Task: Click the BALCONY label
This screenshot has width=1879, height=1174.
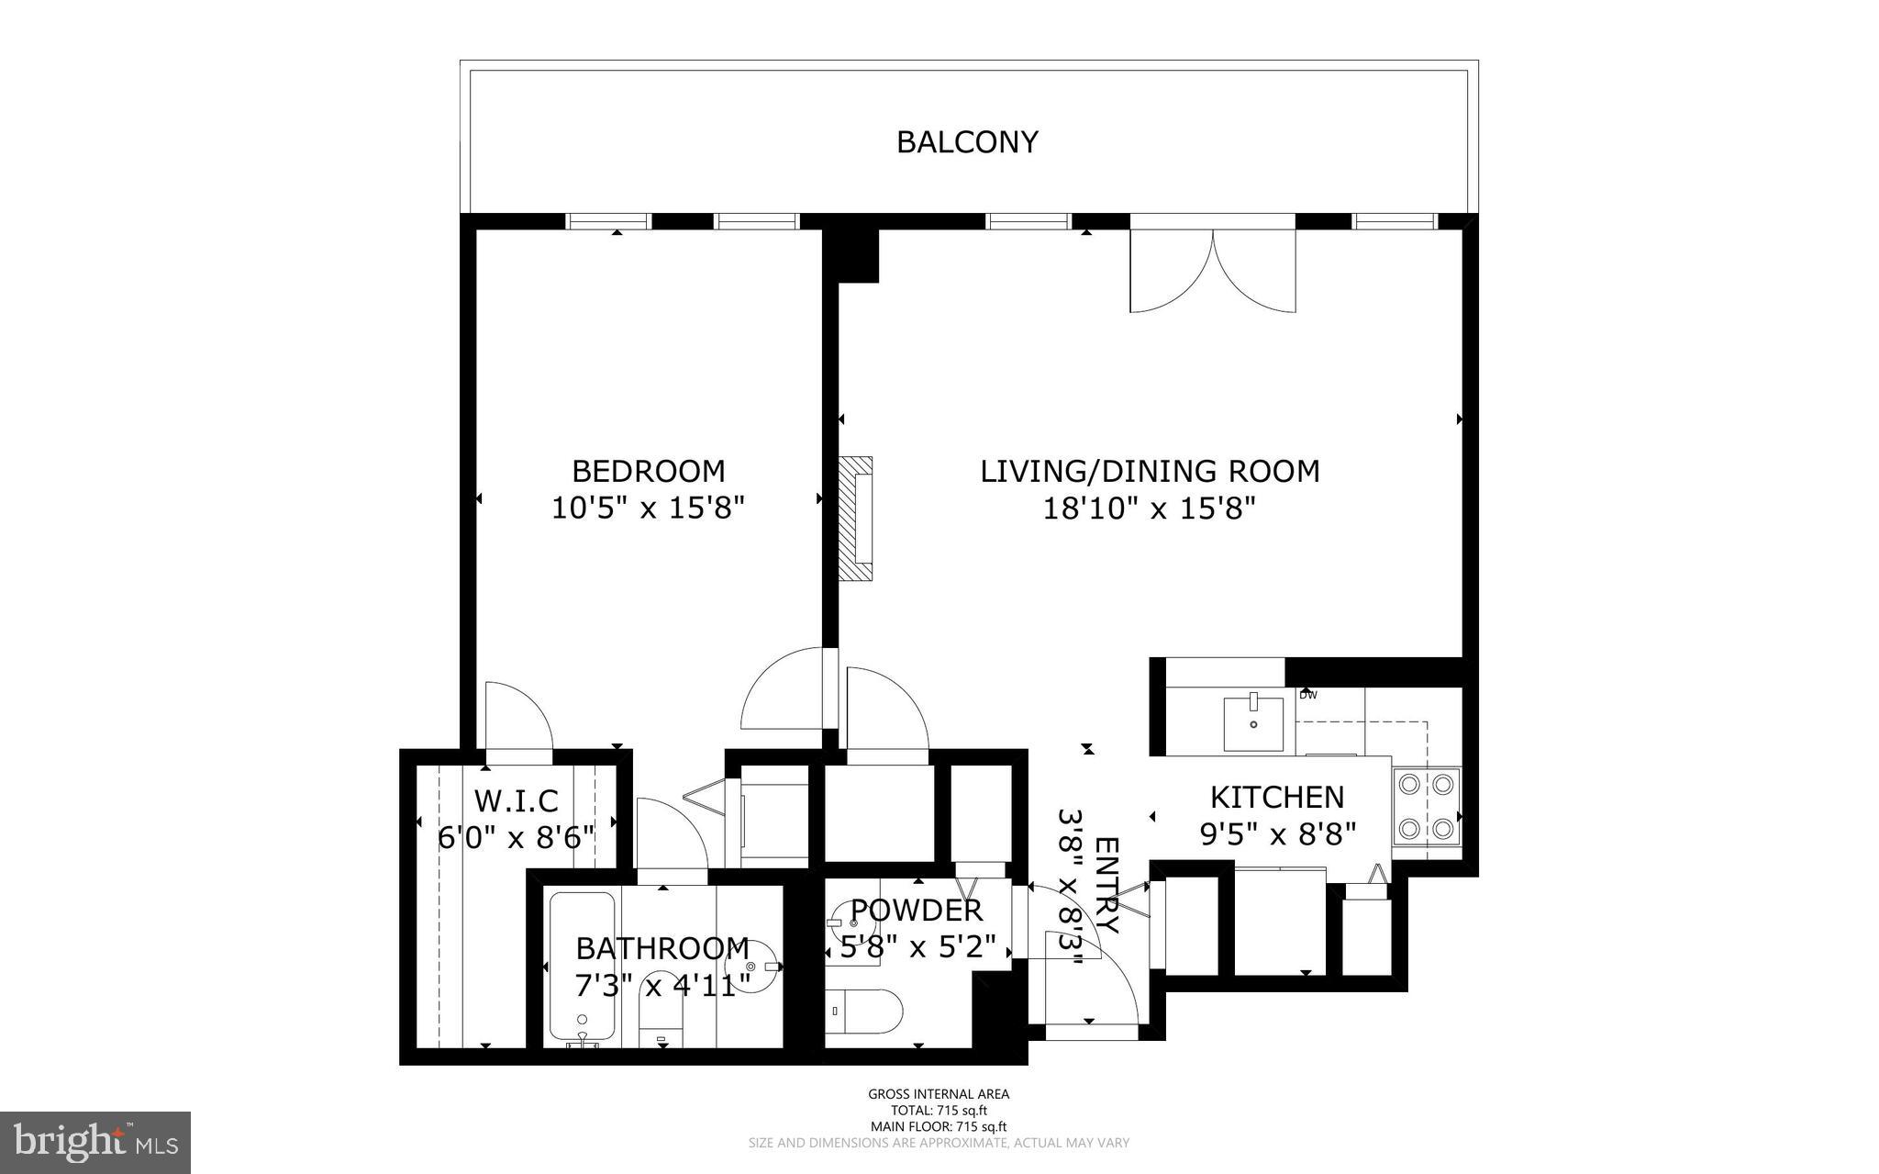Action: (x=967, y=142)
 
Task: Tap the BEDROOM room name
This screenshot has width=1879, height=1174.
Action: (x=648, y=471)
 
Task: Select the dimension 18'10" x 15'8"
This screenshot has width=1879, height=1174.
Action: (x=1149, y=508)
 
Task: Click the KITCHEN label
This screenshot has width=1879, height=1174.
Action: (x=1276, y=797)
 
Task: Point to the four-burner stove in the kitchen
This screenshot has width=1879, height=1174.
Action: (x=1426, y=807)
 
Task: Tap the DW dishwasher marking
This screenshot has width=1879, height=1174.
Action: (x=1307, y=695)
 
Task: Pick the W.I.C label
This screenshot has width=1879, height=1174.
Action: (x=516, y=800)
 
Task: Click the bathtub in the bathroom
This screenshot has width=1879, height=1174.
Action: (x=582, y=968)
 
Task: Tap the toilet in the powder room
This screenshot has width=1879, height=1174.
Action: (x=862, y=1011)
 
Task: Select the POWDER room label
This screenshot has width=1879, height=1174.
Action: (x=917, y=911)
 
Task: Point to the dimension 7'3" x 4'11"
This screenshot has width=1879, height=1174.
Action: (x=662, y=984)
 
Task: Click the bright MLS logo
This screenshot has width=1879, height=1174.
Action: (x=95, y=1141)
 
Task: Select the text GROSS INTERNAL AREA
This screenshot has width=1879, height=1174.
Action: (x=939, y=1093)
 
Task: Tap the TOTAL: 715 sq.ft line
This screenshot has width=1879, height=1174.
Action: (x=939, y=1110)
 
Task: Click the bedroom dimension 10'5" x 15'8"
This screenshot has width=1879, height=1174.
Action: (x=648, y=508)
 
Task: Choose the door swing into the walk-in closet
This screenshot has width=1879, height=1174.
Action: (x=517, y=718)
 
